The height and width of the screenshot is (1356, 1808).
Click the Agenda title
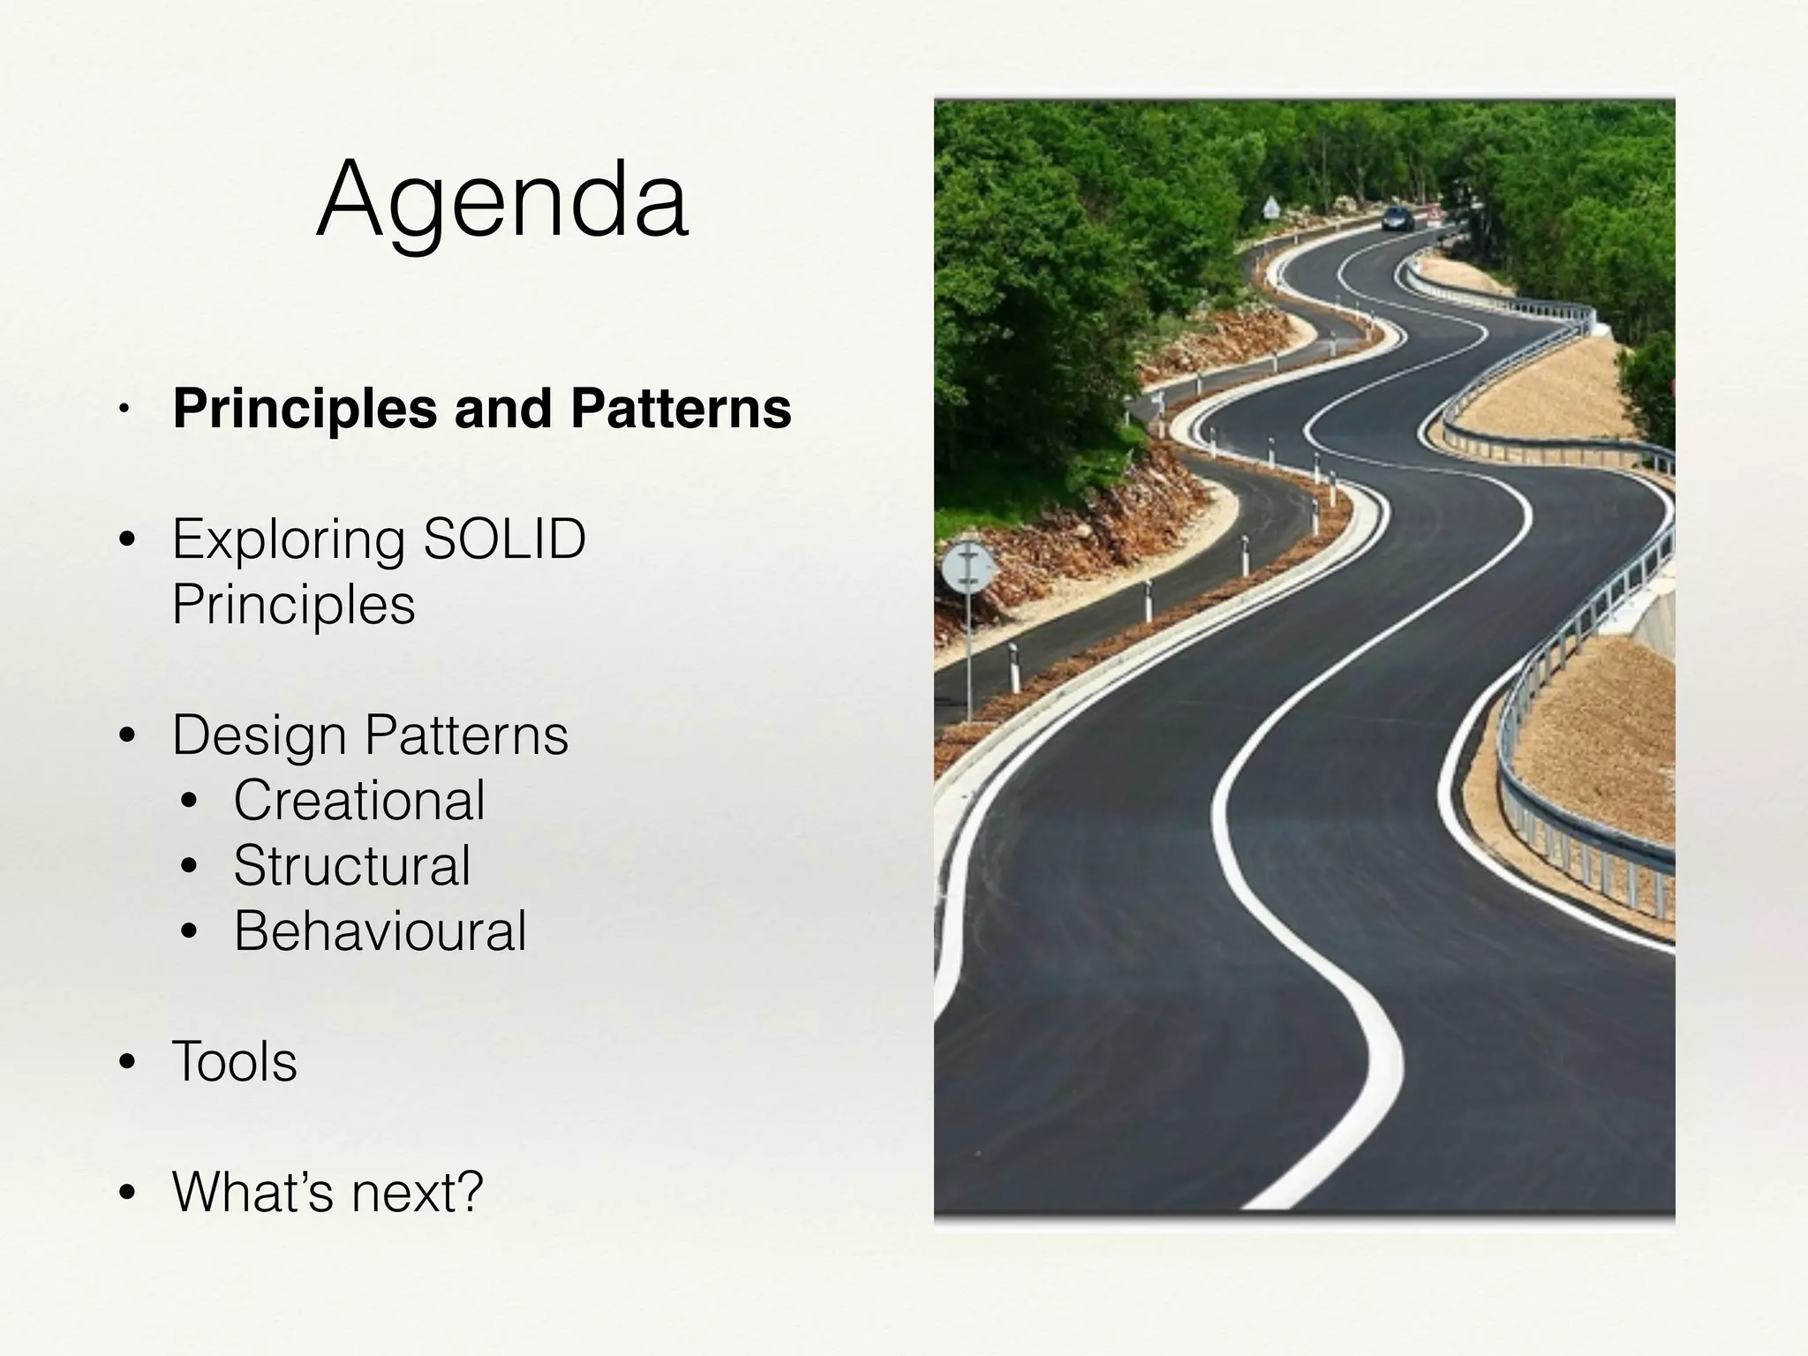pyautogui.click(x=502, y=200)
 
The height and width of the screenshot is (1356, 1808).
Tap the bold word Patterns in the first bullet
pyautogui.click(x=681, y=409)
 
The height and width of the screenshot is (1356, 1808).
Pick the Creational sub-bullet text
pyautogui.click(x=359, y=801)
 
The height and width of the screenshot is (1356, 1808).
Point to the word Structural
pyautogui.click(x=352, y=866)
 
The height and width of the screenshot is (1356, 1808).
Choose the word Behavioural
pyautogui.click(x=380, y=931)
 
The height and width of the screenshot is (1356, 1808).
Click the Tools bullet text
pyautogui.click(x=235, y=1061)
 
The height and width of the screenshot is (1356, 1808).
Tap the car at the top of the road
pyautogui.click(x=1397, y=218)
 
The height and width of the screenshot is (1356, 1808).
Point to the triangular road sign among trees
pyautogui.click(x=1271, y=208)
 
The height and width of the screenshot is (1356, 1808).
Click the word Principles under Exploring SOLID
pyautogui.click(x=294, y=605)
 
